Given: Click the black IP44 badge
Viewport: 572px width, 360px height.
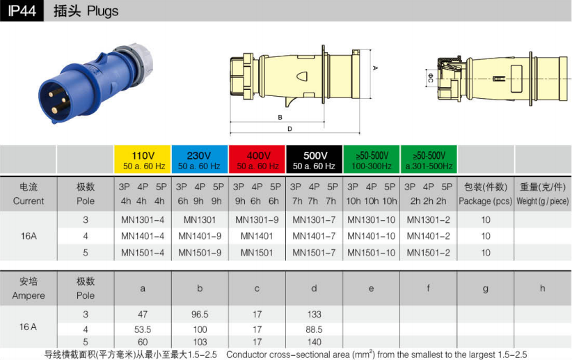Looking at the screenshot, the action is pyautogui.click(x=22, y=10).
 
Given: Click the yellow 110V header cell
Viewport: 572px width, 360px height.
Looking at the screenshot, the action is pyautogui.click(x=143, y=159).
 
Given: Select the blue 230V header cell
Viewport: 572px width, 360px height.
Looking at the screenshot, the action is pyautogui.click(x=200, y=159).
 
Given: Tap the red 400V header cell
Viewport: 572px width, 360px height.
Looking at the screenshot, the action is pyautogui.click(x=257, y=159).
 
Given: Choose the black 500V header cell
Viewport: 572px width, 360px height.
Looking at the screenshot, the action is pyautogui.click(x=314, y=159).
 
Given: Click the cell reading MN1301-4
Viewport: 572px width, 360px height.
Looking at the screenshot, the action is pyautogui.click(x=143, y=220).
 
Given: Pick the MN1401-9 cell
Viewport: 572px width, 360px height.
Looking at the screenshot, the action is pyautogui.click(x=200, y=236).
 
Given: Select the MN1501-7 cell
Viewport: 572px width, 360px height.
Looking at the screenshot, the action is pyautogui.click(x=314, y=253).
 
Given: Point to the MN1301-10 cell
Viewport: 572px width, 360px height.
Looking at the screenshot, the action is pyautogui.click(x=372, y=220).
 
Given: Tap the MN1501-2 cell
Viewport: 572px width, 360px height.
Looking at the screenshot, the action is pyautogui.click(x=428, y=253).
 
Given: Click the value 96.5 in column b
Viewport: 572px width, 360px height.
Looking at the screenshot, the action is pyautogui.click(x=200, y=314).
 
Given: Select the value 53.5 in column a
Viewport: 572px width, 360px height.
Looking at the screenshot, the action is pyautogui.click(x=143, y=329).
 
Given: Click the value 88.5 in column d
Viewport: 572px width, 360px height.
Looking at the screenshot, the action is pyautogui.click(x=314, y=329).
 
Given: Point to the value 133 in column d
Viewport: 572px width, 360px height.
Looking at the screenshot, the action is pyautogui.click(x=314, y=314).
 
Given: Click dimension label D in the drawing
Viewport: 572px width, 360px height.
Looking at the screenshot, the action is pyautogui.click(x=289, y=129).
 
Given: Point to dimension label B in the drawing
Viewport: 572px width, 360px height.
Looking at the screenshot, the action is pyautogui.click(x=280, y=118).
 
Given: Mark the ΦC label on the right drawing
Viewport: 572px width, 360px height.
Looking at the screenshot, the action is pyautogui.click(x=431, y=78).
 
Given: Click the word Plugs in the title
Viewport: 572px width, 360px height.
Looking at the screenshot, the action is pyautogui.click(x=102, y=11).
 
